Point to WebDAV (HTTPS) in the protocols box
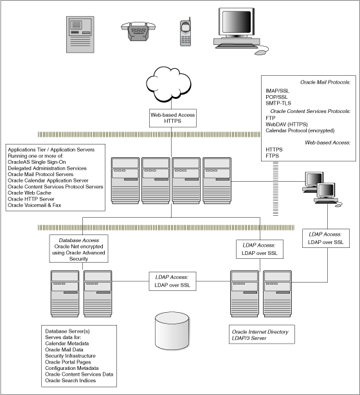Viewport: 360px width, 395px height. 287,124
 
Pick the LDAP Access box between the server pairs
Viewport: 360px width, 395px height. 172,281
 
